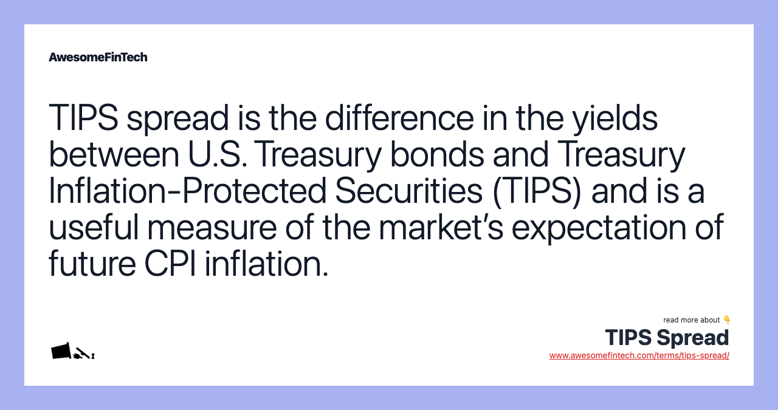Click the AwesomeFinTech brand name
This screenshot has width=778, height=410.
[x=98, y=57]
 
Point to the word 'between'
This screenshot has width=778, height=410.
[x=113, y=154]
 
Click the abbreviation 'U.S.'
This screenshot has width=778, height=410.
[x=216, y=154]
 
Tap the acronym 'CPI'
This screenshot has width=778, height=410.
[x=170, y=264]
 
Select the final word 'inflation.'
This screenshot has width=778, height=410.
[x=266, y=264]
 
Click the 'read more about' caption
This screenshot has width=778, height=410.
[x=692, y=320]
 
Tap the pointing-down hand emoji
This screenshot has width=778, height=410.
[x=727, y=320]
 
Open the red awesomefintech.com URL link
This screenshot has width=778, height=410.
[x=639, y=356]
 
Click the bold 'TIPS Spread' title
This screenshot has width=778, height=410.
[x=667, y=338]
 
